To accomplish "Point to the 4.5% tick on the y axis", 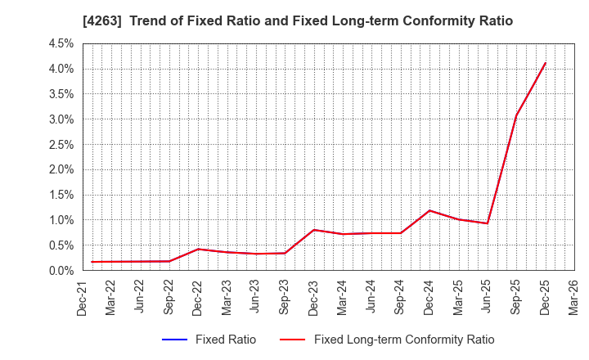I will (61, 43).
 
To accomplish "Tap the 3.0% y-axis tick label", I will (61, 119).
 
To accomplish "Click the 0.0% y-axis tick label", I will (61, 271).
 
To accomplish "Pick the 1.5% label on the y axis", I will (61, 195).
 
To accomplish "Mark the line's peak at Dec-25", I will (545, 63).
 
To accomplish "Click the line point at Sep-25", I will (516, 116).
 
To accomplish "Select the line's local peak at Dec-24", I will (429, 210).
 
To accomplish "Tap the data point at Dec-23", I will (314, 230).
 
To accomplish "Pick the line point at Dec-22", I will (199, 249).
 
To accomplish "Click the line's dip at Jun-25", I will (488, 223).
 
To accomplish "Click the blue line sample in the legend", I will (175, 340).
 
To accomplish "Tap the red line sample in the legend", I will (292, 340).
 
